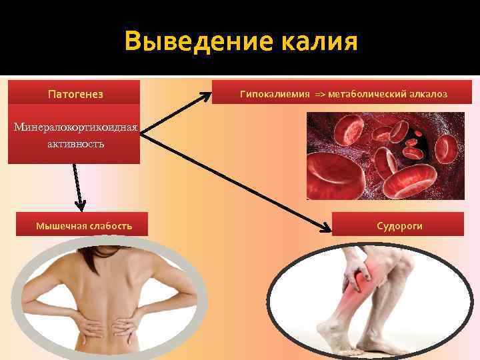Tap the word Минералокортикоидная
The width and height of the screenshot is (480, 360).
[74, 127]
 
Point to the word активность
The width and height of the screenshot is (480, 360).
[74, 144]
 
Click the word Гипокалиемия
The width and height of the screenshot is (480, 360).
[275, 94]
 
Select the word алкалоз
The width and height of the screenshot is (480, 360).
[430, 94]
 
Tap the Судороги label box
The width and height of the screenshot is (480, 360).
[399, 226]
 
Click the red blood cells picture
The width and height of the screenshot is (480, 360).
[385, 155]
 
